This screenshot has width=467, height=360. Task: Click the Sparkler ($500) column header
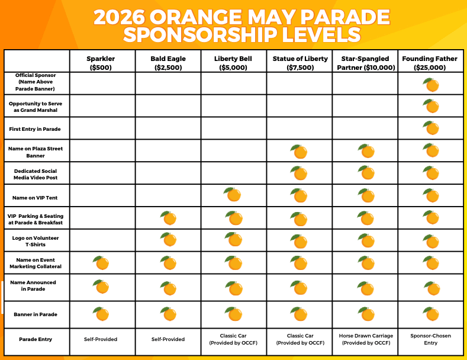pyautogui.click(x=101, y=63)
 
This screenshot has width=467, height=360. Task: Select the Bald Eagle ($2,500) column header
pyautogui.click(x=168, y=63)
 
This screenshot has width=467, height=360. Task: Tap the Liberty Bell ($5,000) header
pyautogui.click(x=233, y=63)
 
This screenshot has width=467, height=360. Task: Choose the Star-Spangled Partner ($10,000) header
pyautogui.click(x=365, y=63)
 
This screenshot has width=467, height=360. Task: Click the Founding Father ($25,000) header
pyautogui.click(x=430, y=63)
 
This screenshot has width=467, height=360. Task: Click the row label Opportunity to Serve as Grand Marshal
pyautogui.click(x=37, y=107)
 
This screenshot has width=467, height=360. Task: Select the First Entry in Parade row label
pyautogui.click(x=37, y=128)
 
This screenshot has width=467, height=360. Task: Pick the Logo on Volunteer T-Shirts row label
pyautogui.click(x=37, y=241)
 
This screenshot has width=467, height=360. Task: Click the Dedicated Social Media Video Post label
pyautogui.click(x=37, y=174)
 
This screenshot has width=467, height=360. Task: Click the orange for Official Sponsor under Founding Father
pyautogui.click(x=431, y=85)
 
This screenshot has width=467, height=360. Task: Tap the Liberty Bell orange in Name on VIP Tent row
pyautogui.click(x=233, y=195)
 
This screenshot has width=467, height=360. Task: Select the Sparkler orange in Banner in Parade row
pyautogui.click(x=101, y=313)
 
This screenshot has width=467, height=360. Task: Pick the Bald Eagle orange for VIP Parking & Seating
pyautogui.click(x=169, y=218)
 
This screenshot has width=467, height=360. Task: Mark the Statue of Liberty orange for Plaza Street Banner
pyautogui.click(x=299, y=152)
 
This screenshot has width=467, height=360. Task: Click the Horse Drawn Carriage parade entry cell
pyautogui.click(x=365, y=339)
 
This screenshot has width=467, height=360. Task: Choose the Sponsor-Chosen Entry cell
pyautogui.click(x=430, y=339)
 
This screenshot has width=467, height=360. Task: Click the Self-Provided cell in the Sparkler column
pyautogui.click(x=101, y=339)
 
